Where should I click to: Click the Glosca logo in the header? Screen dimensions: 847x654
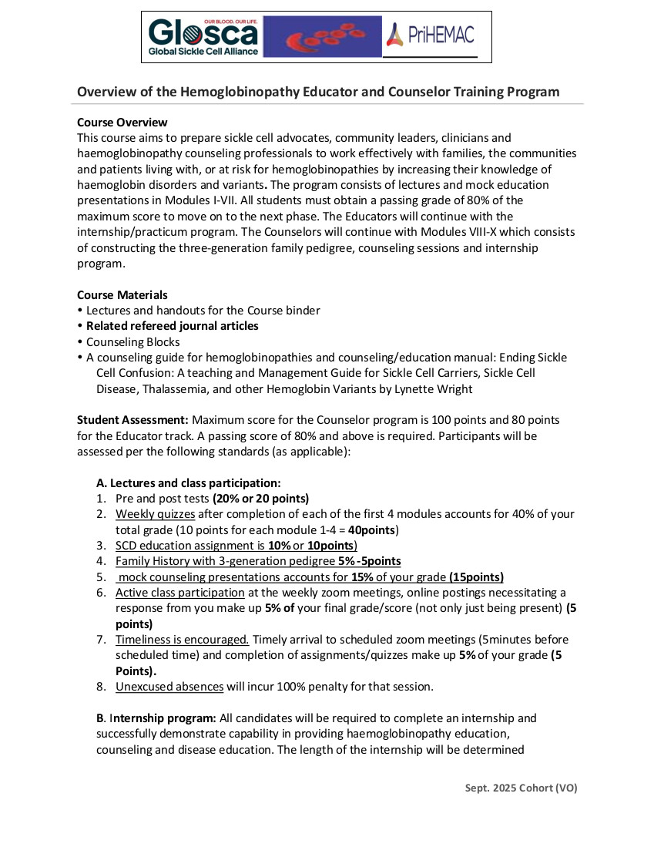pyautogui.click(x=204, y=37)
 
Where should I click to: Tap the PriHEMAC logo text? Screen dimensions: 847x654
pyautogui.click(x=430, y=35)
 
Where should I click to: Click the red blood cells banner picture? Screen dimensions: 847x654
pyautogui.click(x=322, y=37)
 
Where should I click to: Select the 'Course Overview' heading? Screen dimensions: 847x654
pyautogui.click(x=122, y=123)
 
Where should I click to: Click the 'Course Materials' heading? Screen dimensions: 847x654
pyautogui.click(x=122, y=295)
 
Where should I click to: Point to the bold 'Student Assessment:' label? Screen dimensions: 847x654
pyautogui.click(x=132, y=420)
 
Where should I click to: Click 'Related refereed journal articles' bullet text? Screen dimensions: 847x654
pyautogui.click(x=172, y=326)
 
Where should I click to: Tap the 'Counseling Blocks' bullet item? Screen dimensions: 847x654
pyautogui.click(x=132, y=341)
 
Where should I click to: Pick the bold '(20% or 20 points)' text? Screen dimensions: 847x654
pyautogui.click(x=260, y=499)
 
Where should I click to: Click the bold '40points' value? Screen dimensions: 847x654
pyautogui.click(x=371, y=530)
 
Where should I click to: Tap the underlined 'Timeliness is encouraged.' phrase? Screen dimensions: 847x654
pyautogui.click(x=182, y=640)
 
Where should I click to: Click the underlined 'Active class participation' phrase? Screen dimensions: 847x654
pyautogui.click(x=179, y=593)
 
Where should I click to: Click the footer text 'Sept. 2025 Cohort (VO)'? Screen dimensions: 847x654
pyautogui.click(x=521, y=788)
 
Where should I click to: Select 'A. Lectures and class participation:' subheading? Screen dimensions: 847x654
pyautogui.click(x=188, y=483)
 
